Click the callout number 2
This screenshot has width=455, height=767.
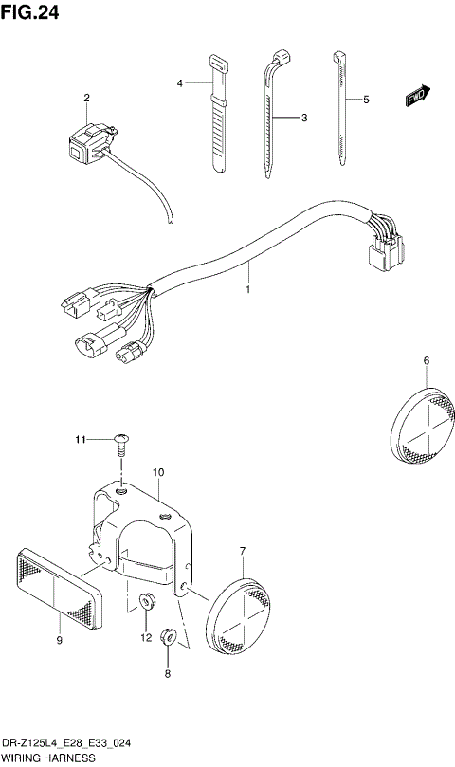(86, 98)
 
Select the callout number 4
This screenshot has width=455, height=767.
(179, 84)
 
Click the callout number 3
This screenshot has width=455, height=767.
(304, 119)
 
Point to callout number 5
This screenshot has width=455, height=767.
(366, 98)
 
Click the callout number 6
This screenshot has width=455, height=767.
(426, 360)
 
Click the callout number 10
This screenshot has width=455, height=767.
(158, 471)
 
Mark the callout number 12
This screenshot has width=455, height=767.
(146, 638)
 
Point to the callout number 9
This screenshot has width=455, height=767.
(59, 642)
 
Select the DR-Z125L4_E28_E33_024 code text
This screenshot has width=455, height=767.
(59, 745)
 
